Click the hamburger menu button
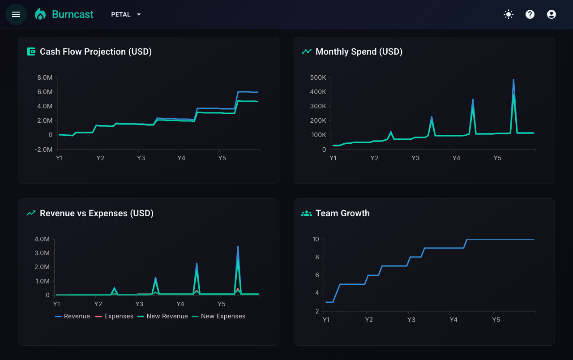pos(16,14)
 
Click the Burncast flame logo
pos(40,14)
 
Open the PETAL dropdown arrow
pos(139,15)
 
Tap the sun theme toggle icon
pos(508,14)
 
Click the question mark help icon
pos(530,14)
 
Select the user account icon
pos(551,14)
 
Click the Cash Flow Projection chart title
pos(96,51)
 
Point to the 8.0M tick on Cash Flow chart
pos(45,77)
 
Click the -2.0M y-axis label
pos(43,150)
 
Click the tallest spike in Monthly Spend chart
pos(513,80)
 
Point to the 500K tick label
pos(318,77)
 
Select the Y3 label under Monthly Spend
pos(415,158)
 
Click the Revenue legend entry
pos(73,316)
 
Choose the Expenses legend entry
pos(114,316)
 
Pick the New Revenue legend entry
pos(162,316)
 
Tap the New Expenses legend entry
pos(218,316)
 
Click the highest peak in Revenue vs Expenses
pos(238,247)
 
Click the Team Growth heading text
pos(342,214)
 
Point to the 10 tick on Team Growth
pos(316,239)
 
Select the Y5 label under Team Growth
pos(496,320)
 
